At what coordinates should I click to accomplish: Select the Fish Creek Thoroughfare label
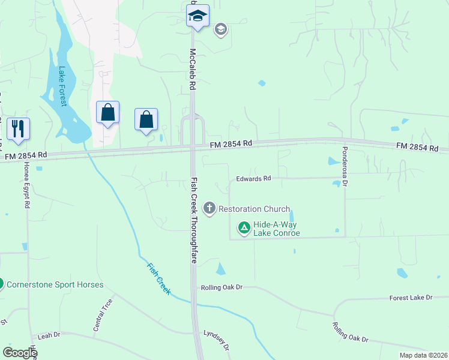click(x=194, y=220)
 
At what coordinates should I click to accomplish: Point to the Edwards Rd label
click(x=254, y=178)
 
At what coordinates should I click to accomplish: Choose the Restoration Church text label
click(x=254, y=209)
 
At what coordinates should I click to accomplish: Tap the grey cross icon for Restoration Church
click(x=209, y=209)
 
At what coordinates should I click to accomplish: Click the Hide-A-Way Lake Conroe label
click(x=276, y=228)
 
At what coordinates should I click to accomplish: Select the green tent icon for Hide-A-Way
click(x=244, y=228)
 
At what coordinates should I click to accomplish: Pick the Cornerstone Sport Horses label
click(x=55, y=284)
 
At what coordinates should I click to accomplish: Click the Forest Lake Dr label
click(x=411, y=298)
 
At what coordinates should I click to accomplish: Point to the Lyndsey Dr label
click(x=217, y=340)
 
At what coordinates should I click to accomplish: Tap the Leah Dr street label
click(x=49, y=335)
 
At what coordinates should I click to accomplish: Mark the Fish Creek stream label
click(x=159, y=278)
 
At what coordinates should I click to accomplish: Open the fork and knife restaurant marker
click(x=18, y=128)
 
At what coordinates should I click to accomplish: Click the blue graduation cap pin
click(x=197, y=16)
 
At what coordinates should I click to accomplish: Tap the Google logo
click(x=19, y=353)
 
